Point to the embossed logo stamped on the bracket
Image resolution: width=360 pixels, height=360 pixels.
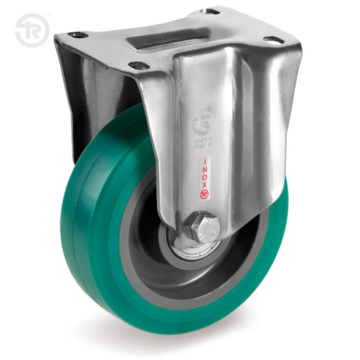(x=202, y=122)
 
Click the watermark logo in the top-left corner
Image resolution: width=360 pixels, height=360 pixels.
(x=31, y=30)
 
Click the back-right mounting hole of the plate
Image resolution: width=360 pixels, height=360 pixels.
(x=210, y=12)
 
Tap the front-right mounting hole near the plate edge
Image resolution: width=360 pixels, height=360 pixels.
(x=273, y=40)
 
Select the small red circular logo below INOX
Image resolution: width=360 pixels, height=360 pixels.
(x=205, y=199)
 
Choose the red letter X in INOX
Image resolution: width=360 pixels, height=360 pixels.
(x=205, y=189)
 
